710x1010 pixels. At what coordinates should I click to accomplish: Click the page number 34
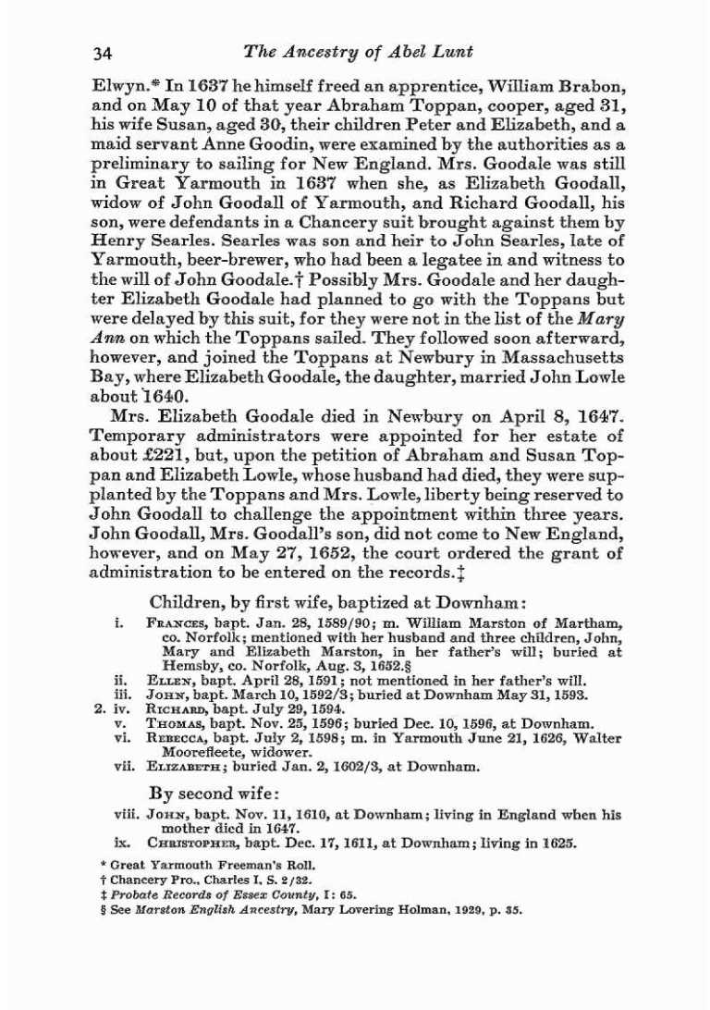[x=103, y=54]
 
